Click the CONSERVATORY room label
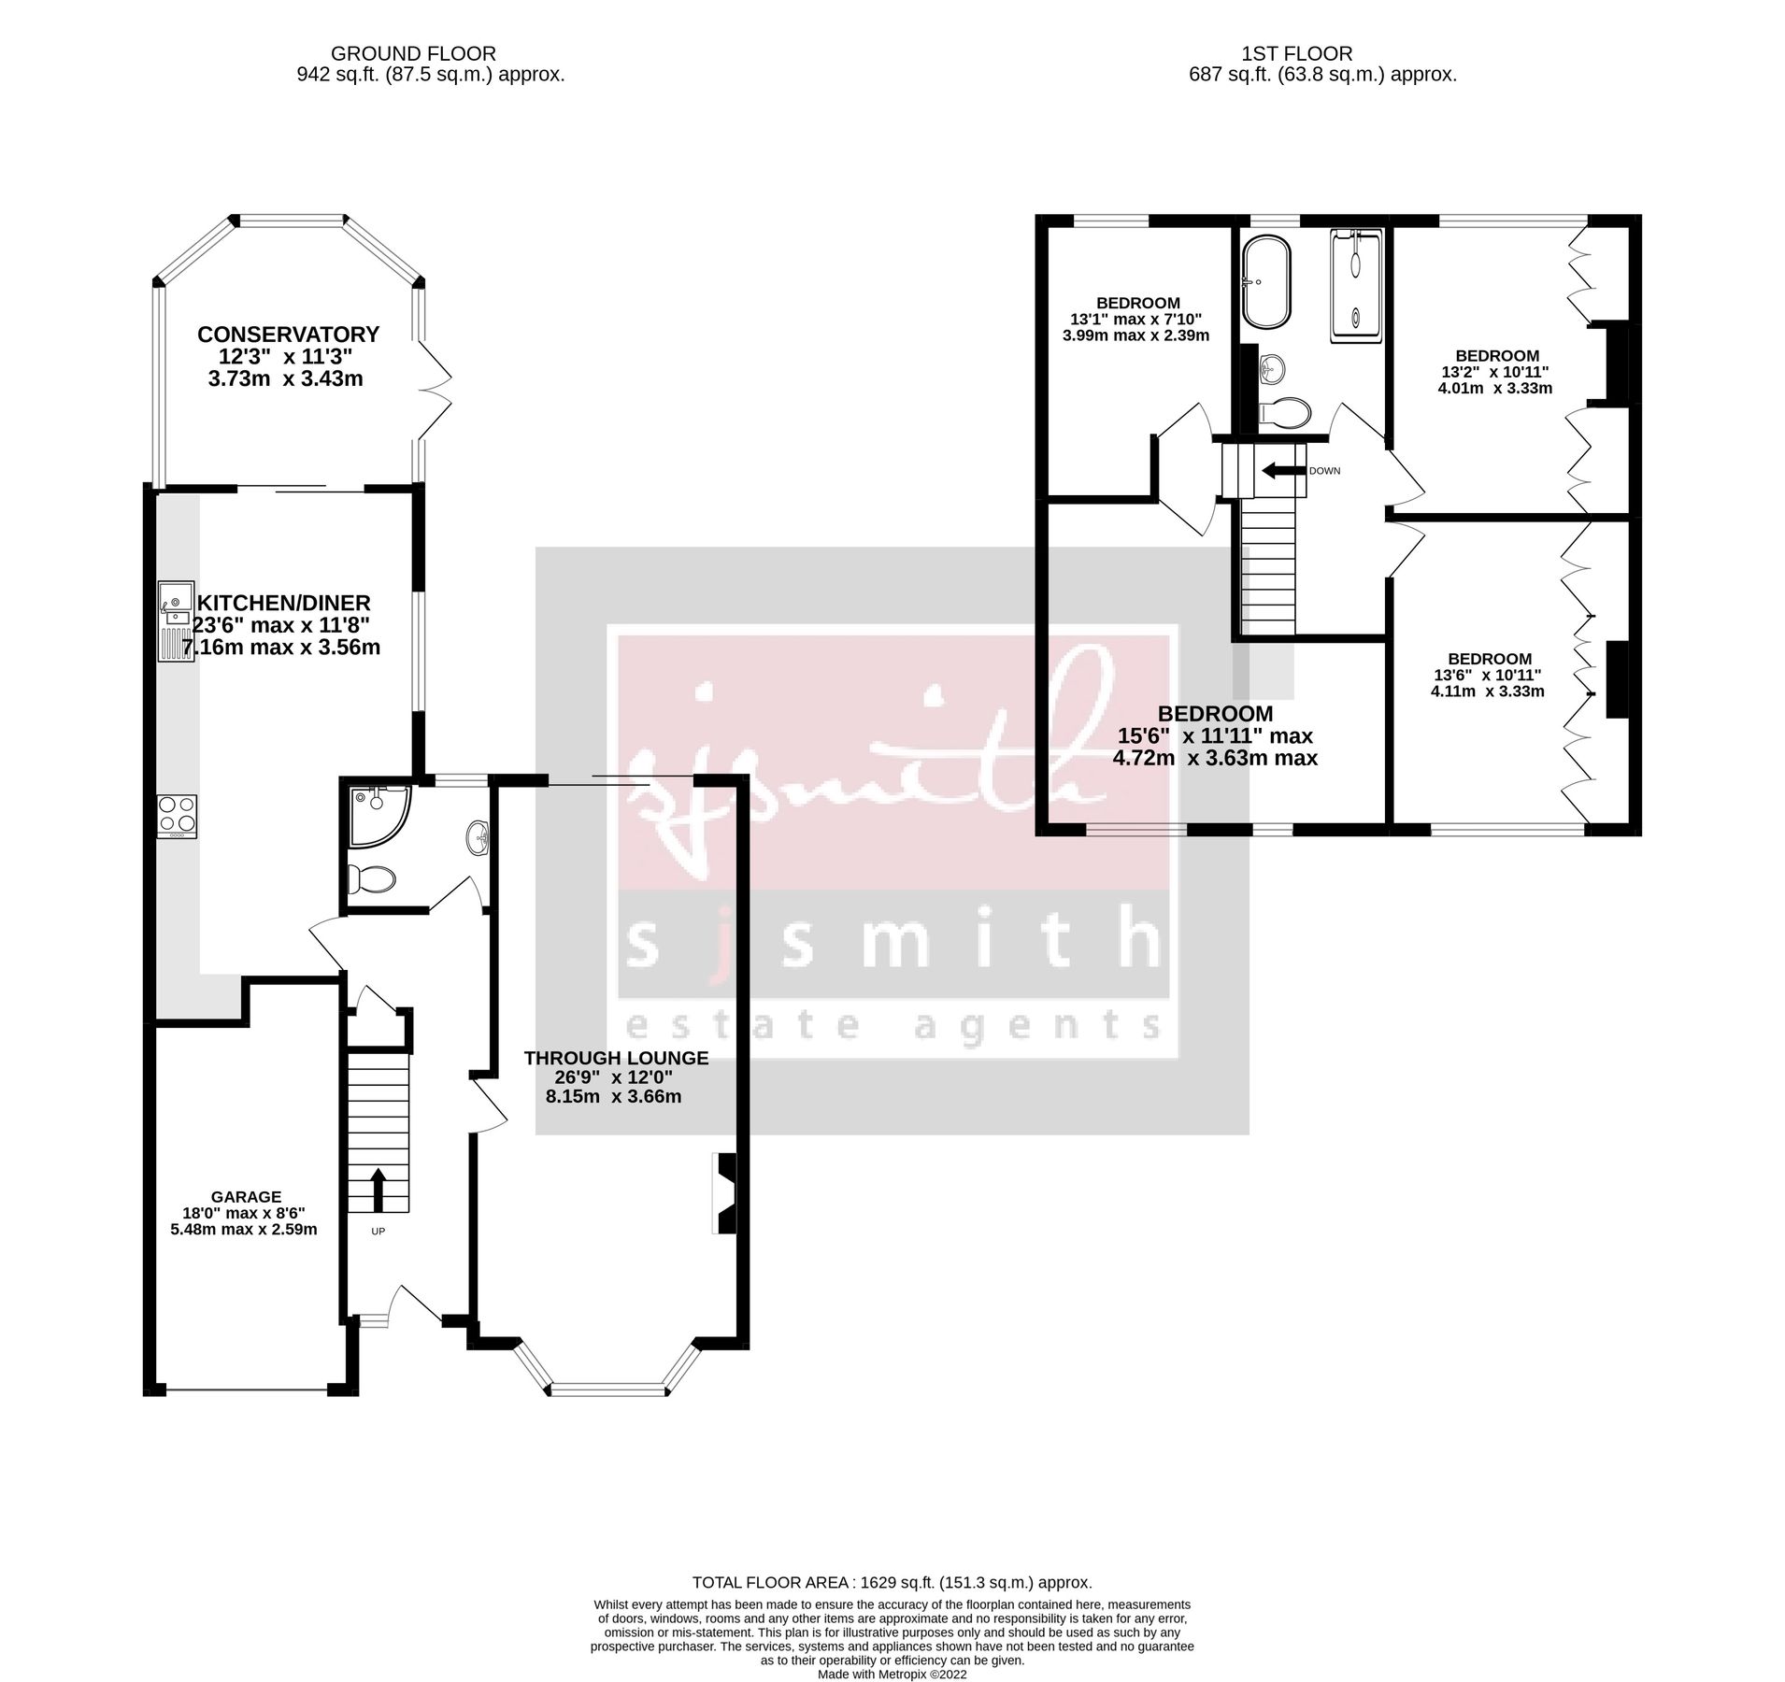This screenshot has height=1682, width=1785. tap(288, 334)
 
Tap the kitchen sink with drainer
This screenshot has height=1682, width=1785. tap(175, 619)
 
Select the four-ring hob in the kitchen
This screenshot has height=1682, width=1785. tap(177, 814)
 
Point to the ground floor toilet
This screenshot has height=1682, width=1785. tap(371, 878)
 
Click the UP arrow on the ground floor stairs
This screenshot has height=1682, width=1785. tap(378, 1187)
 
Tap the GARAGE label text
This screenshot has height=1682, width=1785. tap(246, 1196)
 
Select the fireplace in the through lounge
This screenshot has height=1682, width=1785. tap(725, 1194)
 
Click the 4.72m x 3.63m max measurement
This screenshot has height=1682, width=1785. tap(1214, 758)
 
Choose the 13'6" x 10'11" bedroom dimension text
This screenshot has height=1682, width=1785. tap(1487, 675)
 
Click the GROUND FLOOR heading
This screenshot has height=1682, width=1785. tap(413, 54)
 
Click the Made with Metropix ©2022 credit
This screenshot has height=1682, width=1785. tap(892, 1674)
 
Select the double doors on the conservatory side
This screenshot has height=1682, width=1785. tap(436, 389)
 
